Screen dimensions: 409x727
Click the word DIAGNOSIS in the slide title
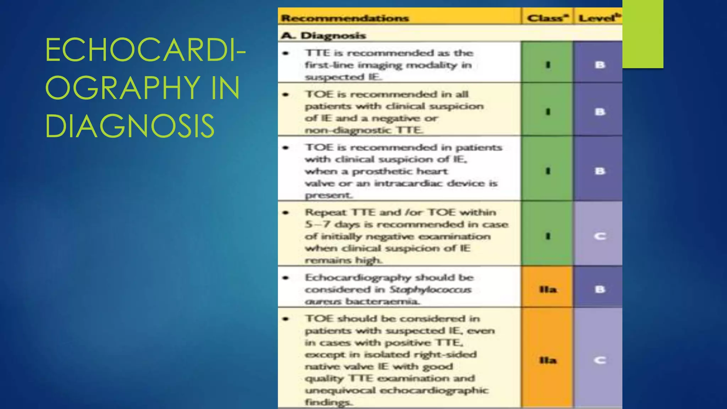[x=130, y=126]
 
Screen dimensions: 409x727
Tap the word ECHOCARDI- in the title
[x=146, y=50]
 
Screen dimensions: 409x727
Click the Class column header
[x=547, y=18]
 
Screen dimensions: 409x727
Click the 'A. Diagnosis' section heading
[x=323, y=36]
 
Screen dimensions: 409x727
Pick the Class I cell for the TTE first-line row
[x=548, y=65]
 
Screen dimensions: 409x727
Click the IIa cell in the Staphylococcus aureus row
[x=548, y=289]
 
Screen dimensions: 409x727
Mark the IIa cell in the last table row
[x=548, y=360]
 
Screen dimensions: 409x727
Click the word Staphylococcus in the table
[x=430, y=290]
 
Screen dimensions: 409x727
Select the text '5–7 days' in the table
[x=330, y=224]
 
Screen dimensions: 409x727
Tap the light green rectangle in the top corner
[x=643, y=34]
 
